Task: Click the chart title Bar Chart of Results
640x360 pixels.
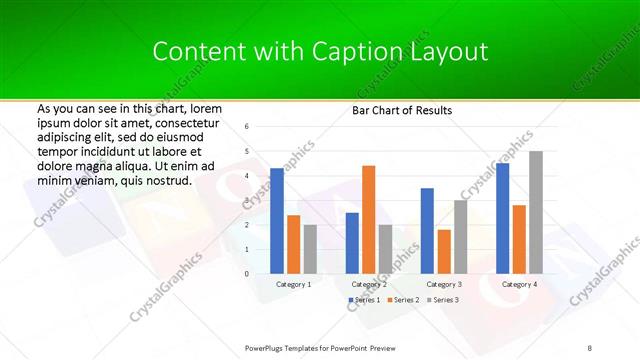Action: point(402,110)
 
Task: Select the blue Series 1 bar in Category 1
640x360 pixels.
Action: point(277,220)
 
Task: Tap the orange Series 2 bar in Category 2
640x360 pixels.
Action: point(369,219)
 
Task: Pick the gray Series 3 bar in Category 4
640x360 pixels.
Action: point(536,212)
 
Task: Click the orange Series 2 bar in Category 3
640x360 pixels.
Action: point(444,251)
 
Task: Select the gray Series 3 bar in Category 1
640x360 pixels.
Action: point(310,248)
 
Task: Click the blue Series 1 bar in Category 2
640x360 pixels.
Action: point(352,242)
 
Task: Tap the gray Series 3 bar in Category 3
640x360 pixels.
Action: point(460,236)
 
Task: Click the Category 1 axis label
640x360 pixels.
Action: point(293,284)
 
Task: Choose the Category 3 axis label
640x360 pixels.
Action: point(444,284)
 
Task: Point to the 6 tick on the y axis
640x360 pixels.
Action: point(247,127)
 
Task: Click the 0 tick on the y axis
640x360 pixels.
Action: point(247,273)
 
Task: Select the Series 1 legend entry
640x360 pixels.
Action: point(365,300)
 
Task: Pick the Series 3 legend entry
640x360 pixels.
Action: point(443,300)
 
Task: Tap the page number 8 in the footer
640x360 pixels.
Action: point(590,347)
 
